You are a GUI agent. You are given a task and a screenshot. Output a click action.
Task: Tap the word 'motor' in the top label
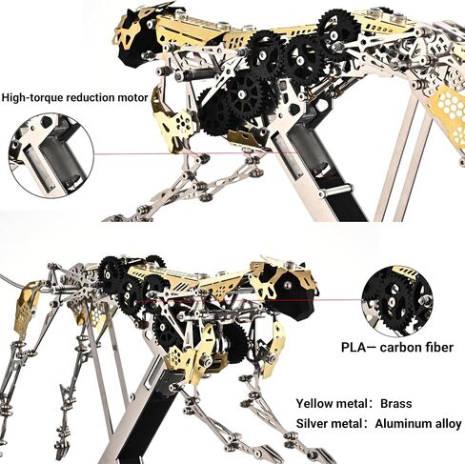(x=132, y=97)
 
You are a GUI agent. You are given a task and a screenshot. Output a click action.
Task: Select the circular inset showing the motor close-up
(x=51, y=155)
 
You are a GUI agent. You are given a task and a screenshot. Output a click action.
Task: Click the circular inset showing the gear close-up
(x=397, y=301)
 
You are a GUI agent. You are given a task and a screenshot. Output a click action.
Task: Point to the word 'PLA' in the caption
(x=354, y=347)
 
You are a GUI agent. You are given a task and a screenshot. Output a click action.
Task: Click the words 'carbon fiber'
(x=416, y=347)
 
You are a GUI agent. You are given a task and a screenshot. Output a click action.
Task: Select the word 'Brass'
(x=396, y=403)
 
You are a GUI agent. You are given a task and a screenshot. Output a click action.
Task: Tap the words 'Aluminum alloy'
(x=418, y=424)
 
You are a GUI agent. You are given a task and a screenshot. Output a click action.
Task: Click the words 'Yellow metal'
(x=332, y=403)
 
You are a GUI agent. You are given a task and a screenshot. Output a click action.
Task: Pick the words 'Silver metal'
(x=329, y=424)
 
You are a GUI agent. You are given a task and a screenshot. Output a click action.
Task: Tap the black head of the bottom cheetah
(x=293, y=297)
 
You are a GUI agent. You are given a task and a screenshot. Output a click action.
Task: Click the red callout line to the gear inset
(x=250, y=300)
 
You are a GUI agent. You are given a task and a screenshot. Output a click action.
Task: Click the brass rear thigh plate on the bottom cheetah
(x=28, y=306)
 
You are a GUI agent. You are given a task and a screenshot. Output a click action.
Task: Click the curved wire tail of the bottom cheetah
(x=12, y=280)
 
